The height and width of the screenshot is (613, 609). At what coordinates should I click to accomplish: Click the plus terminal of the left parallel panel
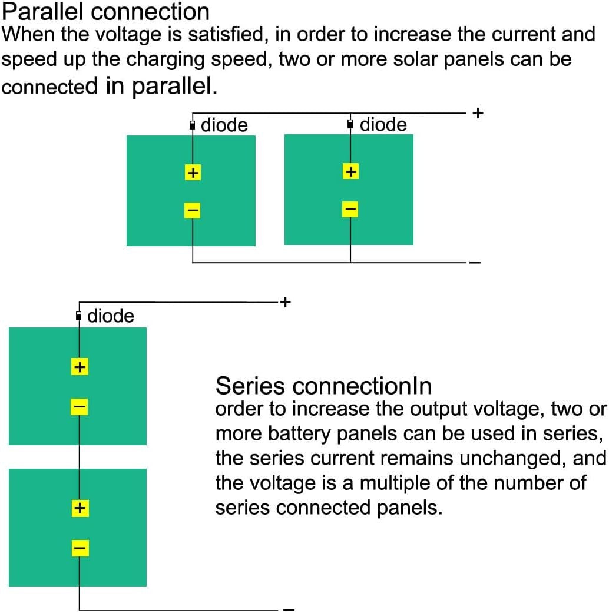pos(193,173)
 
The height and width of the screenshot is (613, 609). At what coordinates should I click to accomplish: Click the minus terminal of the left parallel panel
pos(193,210)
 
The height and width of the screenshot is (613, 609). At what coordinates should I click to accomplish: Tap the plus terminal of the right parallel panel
pos(350,171)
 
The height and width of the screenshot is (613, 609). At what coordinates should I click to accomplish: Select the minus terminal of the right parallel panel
pos(350,208)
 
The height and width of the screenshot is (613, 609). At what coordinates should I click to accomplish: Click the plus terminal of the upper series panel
pos(80,367)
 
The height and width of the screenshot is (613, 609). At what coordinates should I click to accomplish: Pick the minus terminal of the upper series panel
pos(80,406)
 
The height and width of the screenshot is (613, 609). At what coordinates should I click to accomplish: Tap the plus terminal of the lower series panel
pos(80,508)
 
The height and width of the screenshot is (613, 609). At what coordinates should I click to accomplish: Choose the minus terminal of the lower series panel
pos(80,548)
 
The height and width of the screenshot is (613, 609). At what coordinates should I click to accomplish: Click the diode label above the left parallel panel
pos(224,125)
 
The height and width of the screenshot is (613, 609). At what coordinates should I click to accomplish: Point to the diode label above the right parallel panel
pos(383,124)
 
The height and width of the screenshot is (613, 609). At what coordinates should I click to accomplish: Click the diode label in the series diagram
pos(111,316)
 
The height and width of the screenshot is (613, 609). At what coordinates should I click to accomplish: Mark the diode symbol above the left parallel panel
pos(193,125)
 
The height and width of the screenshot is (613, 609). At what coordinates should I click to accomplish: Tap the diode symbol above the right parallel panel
pos(350,124)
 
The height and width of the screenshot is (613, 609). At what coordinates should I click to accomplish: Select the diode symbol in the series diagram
pos(80,316)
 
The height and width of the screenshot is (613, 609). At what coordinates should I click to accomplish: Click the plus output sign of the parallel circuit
pos(478,112)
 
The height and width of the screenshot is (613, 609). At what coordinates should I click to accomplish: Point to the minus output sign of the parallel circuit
pos(475,263)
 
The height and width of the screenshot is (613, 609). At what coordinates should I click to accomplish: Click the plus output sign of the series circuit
pos(285,302)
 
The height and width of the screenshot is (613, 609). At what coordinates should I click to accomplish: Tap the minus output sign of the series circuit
pos(289,609)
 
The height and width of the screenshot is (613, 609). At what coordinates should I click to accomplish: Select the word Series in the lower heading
pos(251,386)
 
